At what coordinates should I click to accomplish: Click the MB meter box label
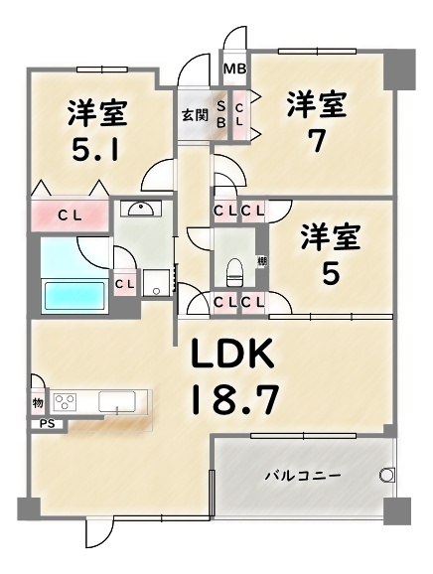coord(234,69)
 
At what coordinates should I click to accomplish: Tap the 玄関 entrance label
coord(194,115)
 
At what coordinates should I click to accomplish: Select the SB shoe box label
coord(220,114)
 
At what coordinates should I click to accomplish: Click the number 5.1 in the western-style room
coord(96,151)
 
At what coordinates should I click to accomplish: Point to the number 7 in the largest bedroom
coord(315,142)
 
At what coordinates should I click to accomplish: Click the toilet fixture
coord(235,270)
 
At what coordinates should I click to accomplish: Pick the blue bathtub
coord(74,296)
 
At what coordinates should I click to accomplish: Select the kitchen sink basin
coord(118,401)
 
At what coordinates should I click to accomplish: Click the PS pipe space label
coord(47,424)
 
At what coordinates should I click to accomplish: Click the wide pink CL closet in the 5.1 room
coord(70,215)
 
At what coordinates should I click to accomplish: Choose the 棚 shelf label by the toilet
coord(261,261)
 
